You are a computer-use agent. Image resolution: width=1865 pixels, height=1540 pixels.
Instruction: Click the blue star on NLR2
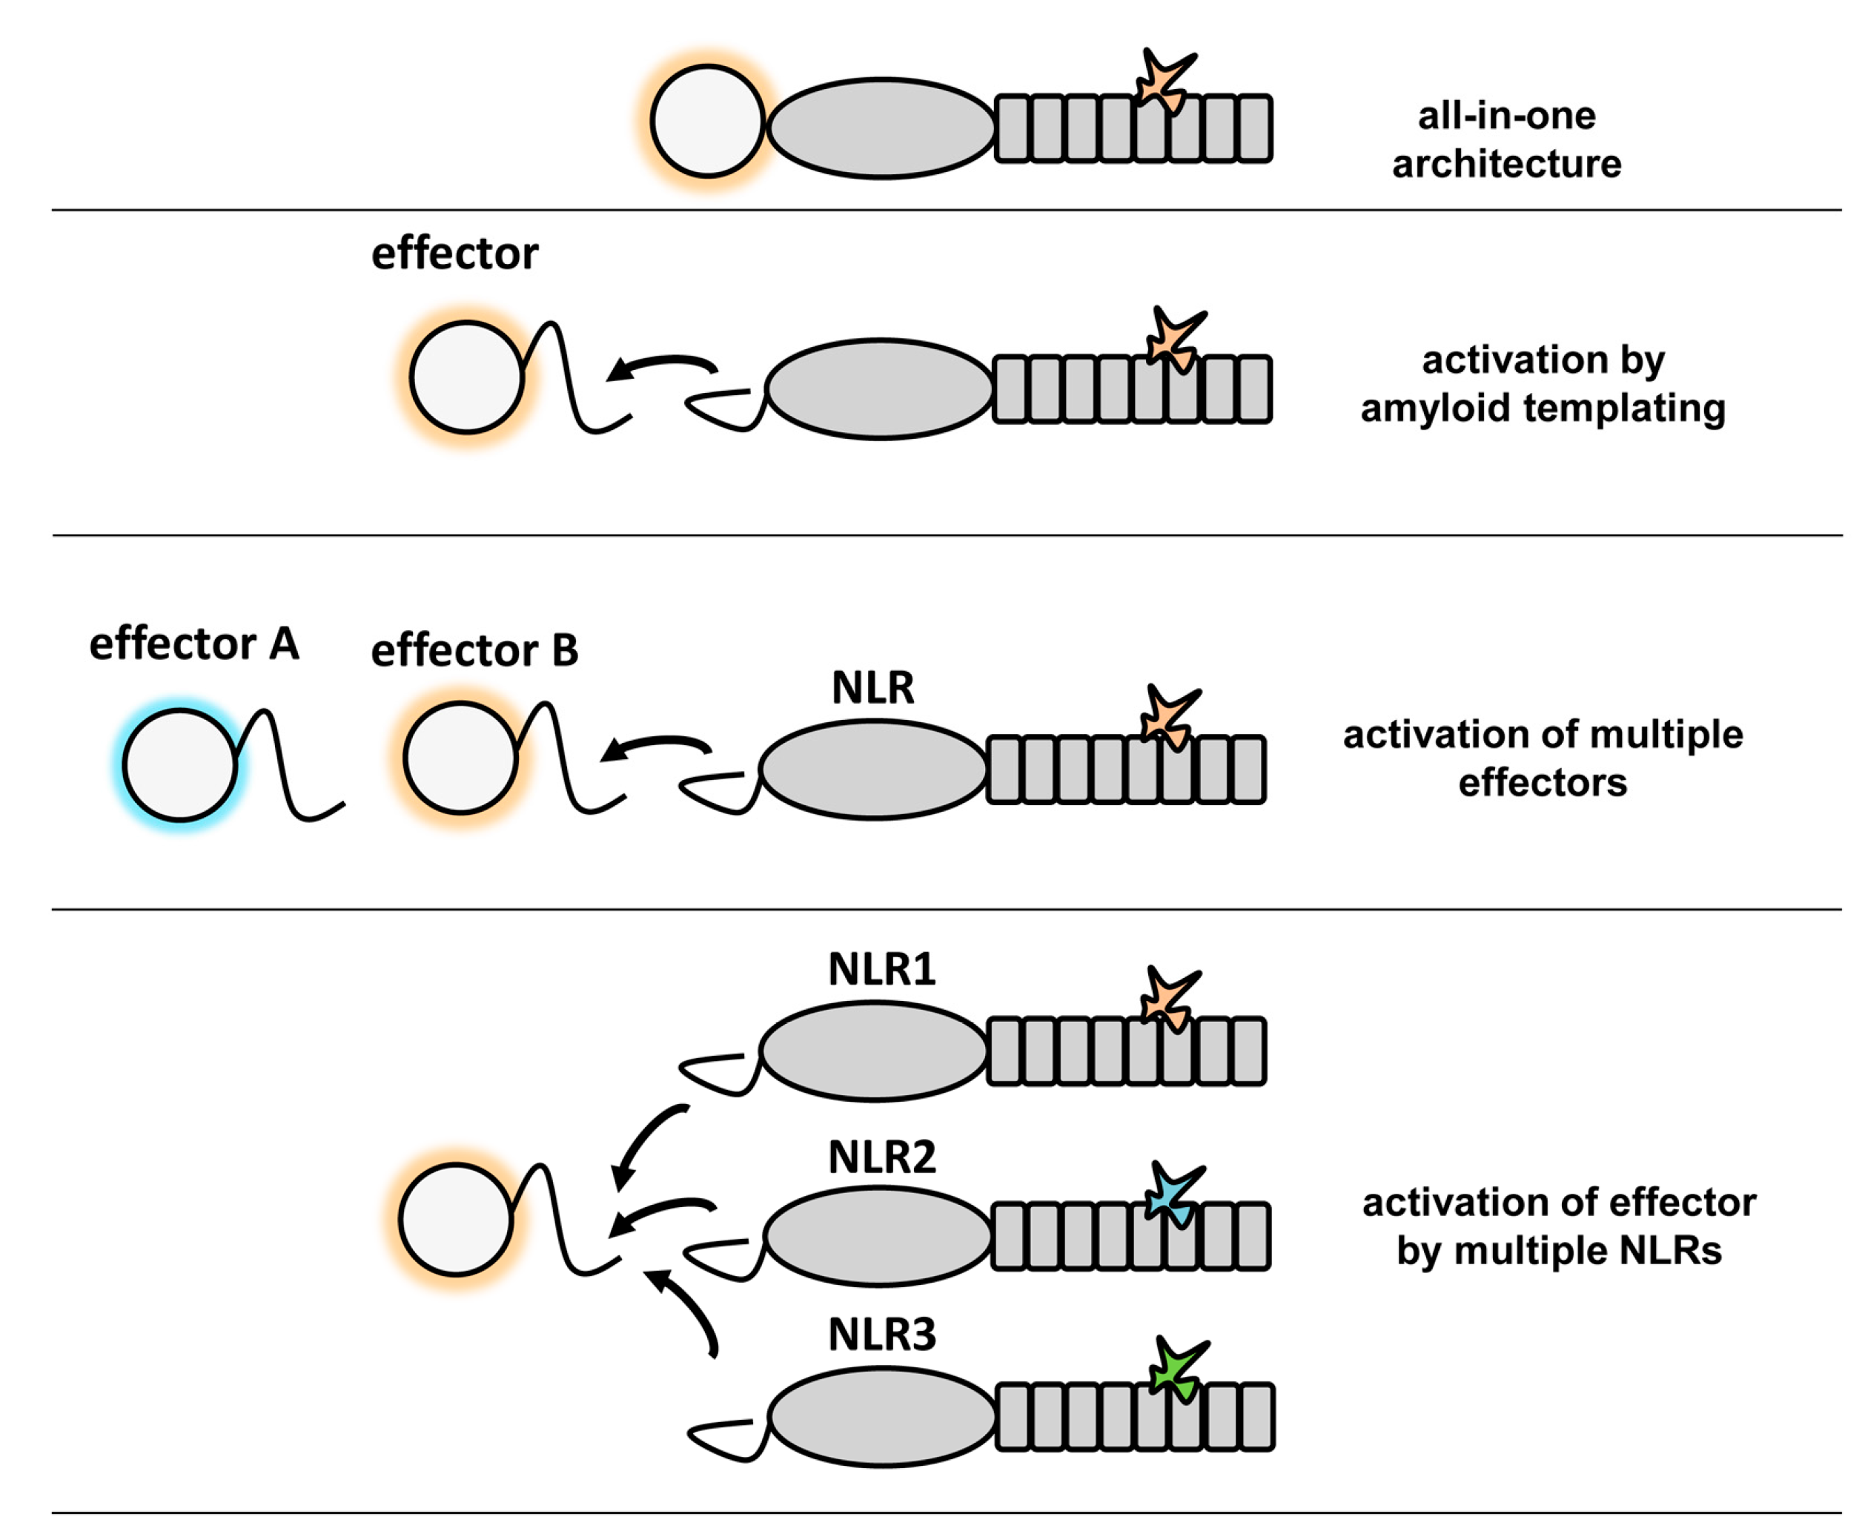pyautogui.click(x=1169, y=1197)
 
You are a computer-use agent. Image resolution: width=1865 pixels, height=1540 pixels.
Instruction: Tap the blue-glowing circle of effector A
pyautogui.click(x=180, y=764)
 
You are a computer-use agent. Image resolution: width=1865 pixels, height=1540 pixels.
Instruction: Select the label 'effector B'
pyautogui.click(x=474, y=650)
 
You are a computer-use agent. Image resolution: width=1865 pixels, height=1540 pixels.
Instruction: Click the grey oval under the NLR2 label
pyautogui.click(x=877, y=1236)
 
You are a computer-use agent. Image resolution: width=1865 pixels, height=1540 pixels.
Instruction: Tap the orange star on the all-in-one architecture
pyautogui.click(x=1162, y=81)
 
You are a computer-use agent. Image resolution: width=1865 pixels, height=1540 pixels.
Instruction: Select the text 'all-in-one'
pyautogui.click(x=1505, y=116)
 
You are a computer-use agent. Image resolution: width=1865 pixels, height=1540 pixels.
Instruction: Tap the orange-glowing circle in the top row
pyautogui.click(x=707, y=122)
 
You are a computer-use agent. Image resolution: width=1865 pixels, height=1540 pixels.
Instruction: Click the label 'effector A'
pyautogui.click(x=193, y=643)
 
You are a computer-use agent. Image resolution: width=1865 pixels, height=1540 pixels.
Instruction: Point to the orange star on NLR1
pyautogui.click(x=1167, y=999)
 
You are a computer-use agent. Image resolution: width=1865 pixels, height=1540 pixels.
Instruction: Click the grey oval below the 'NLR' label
pyautogui.click(x=872, y=769)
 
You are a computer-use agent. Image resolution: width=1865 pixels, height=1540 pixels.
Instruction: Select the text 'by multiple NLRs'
pyautogui.click(x=1558, y=1251)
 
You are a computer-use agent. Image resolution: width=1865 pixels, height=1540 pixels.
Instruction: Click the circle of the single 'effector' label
pyautogui.click(x=466, y=377)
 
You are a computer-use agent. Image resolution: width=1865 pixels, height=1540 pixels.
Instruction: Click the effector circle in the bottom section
pyautogui.click(x=456, y=1220)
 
